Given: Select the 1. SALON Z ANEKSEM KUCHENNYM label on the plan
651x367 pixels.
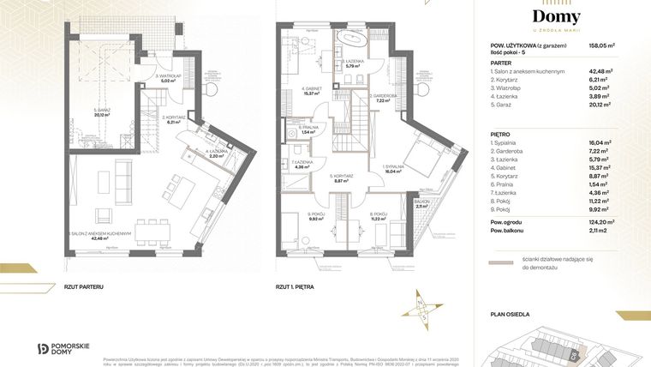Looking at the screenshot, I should click(100, 235).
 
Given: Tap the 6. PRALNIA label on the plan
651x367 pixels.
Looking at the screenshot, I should click(308, 128).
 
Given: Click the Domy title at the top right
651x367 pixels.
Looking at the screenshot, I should click(556, 17).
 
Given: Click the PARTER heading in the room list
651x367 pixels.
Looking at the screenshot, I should click(502, 63).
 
